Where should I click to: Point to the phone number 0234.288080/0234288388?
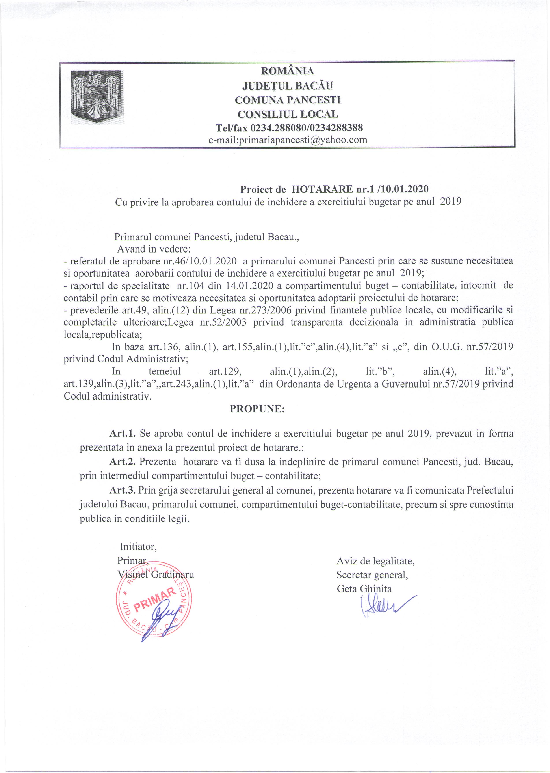(x=307, y=128)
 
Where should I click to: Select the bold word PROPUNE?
(x=257, y=409)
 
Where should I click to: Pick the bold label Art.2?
(x=122, y=462)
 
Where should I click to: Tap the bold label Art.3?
(x=122, y=490)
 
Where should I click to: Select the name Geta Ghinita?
(x=364, y=589)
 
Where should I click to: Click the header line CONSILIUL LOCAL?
(x=288, y=114)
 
